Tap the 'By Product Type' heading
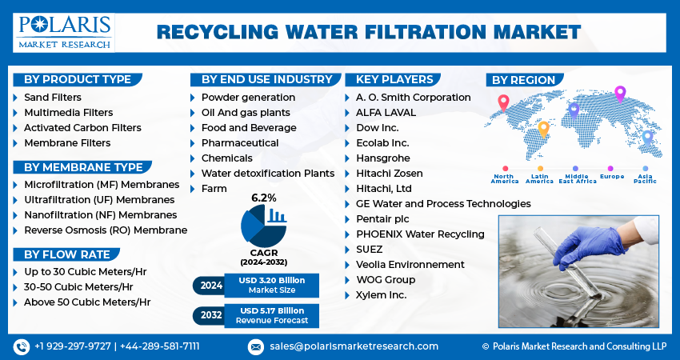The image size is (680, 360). [77, 79]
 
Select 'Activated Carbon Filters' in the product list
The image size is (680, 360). [82, 127]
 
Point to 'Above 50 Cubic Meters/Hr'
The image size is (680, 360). [87, 302]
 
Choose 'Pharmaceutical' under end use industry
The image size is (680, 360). [240, 142]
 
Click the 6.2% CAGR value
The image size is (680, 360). [263, 197]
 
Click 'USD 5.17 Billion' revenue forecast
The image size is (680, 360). [271, 310]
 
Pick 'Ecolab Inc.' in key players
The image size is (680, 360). [382, 142]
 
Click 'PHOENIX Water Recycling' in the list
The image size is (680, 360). [420, 234]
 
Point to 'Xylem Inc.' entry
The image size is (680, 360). [381, 294]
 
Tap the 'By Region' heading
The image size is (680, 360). [523, 80]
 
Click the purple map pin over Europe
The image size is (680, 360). [619, 93]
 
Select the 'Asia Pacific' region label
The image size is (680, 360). [645, 178]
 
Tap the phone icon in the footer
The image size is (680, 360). [22, 346]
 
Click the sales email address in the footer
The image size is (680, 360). [354, 346]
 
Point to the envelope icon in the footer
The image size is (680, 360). [255, 346]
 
